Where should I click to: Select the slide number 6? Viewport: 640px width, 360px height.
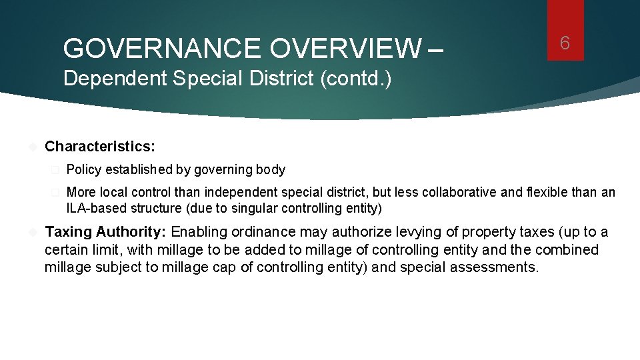click(x=565, y=43)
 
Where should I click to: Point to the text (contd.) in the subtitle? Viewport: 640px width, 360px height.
click(x=357, y=79)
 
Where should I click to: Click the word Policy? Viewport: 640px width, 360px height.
click(x=83, y=170)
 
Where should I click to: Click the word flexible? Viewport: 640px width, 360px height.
click(x=551, y=193)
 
